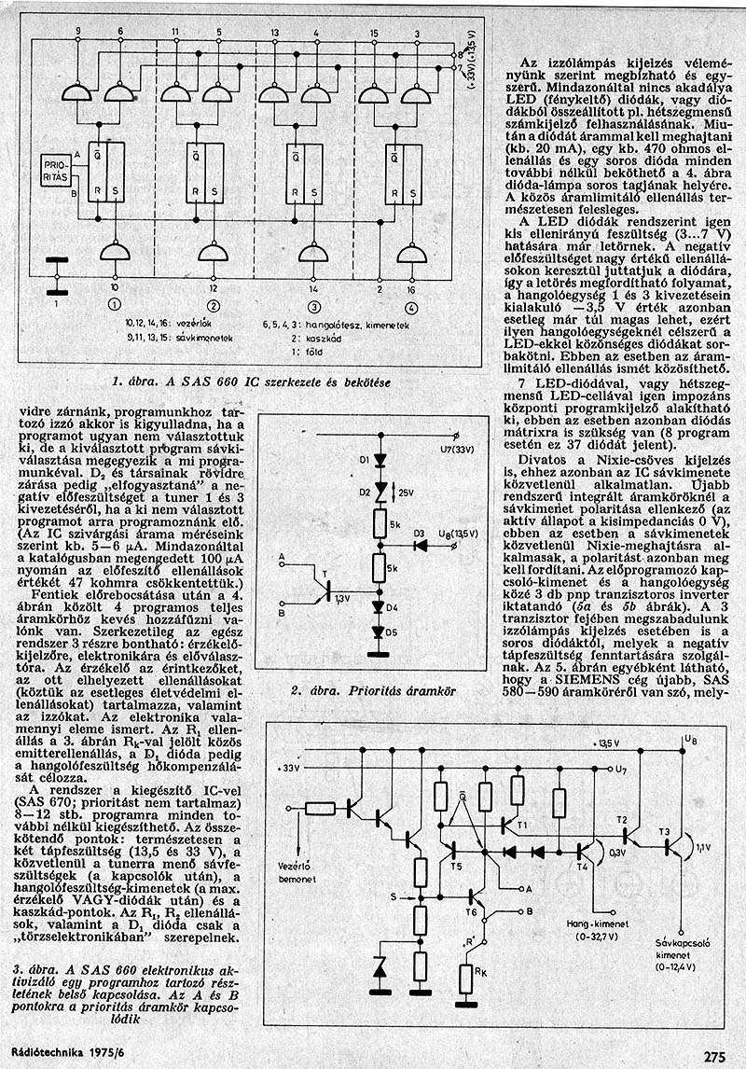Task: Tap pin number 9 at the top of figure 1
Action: click(x=78, y=33)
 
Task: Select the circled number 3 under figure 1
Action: click(x=313, y=305)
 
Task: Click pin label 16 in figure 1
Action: click(x=412, y=291)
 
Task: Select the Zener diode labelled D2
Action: click(x=380, y=489)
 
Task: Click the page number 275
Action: click(x=714, y=1057)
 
